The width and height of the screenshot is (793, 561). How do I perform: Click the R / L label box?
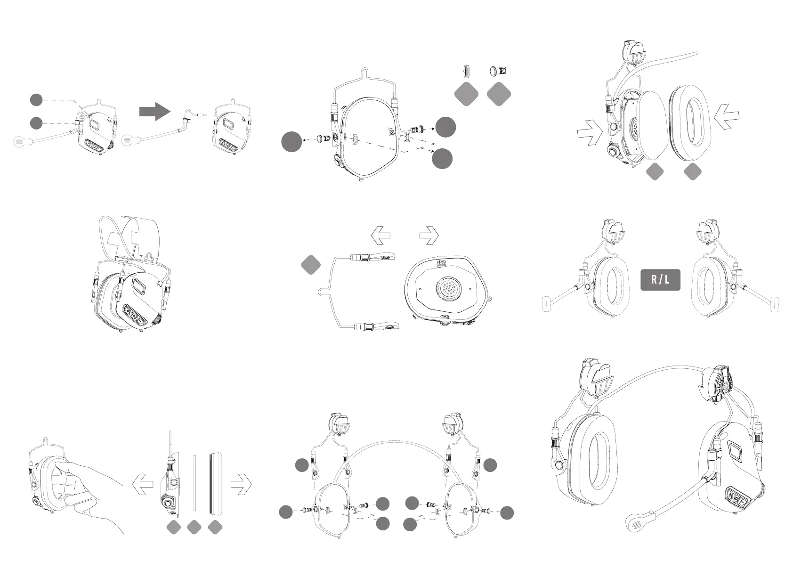[x=660, y=280]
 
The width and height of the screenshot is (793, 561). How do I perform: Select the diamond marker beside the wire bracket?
[x=311, y=265]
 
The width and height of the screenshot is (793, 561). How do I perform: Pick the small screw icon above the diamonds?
[x=498, y=71]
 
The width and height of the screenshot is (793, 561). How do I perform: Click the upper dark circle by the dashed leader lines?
[x=36, y=99]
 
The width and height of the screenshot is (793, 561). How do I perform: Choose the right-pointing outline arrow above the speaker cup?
[x=429, y=236]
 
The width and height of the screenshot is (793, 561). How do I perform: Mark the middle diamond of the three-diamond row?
[x=194, y=528]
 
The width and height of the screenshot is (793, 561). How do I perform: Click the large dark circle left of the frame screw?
[x=291, y=142]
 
